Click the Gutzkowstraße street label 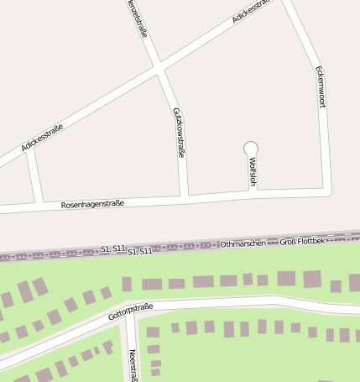click(x=178, y=133)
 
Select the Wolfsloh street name click(x=252, y=172)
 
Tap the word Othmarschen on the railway click(x=243, y=243)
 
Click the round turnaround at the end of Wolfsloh click(x=250, y=149)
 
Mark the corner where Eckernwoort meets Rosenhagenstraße click(x=328, y=190)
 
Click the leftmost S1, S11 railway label click(x=112, y=249)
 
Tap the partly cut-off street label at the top click(x=138, y=18)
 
